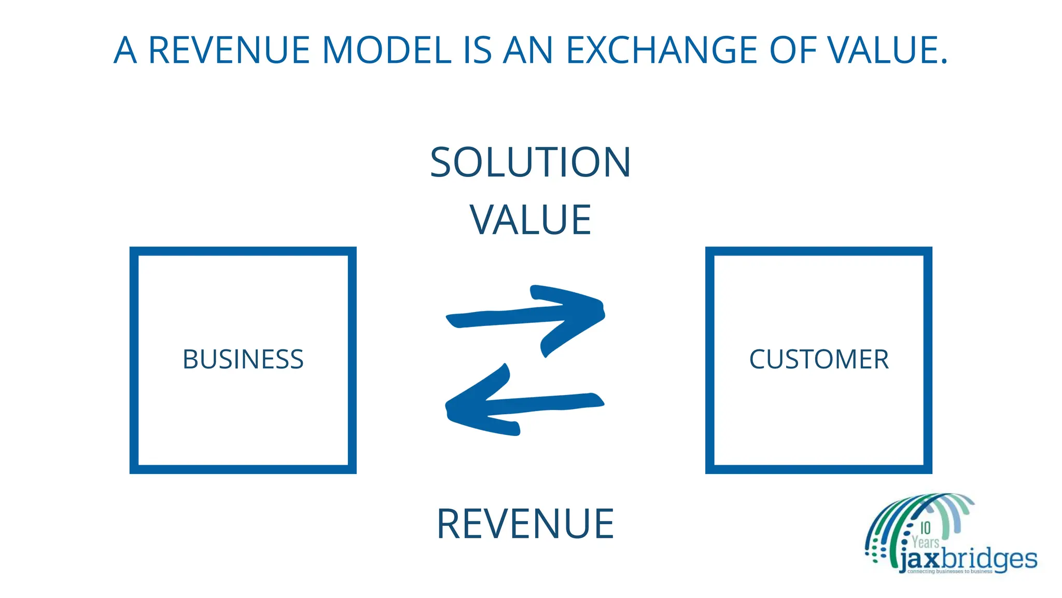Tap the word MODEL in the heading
tap(387, 50)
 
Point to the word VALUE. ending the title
tap(887, 50)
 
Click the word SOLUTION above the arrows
tap(530, 162)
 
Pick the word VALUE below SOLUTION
tap(530, 220)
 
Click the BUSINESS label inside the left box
tap(243, 359)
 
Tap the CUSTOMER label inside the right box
tap(819, 359)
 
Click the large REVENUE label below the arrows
tap(525, 524)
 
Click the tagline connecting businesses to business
tap(949, 572)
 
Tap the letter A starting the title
tap(125, 50)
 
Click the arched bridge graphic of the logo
tap(913, 514)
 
